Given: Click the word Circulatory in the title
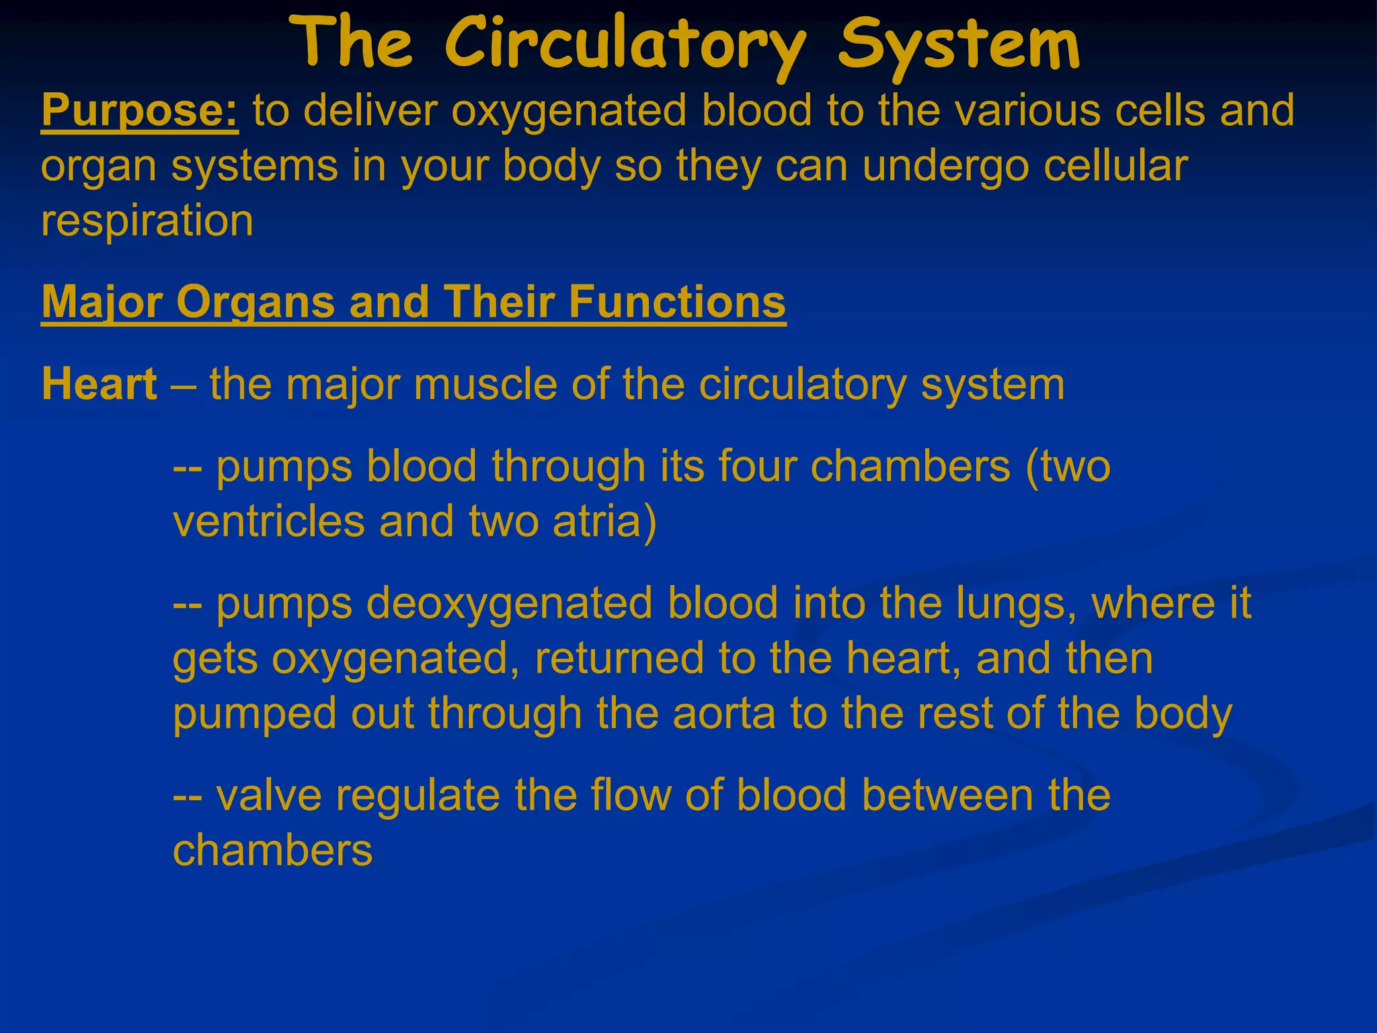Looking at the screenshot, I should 624,46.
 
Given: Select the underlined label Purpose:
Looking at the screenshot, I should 140,110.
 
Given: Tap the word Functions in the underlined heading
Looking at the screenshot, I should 677,302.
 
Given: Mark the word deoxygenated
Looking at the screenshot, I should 510,603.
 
